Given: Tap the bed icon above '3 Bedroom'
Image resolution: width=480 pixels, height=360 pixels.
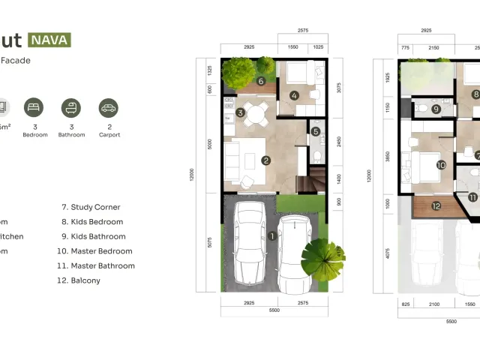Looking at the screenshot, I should pos(34,107).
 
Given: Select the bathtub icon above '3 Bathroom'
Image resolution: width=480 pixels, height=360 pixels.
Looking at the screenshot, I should pos(71,107).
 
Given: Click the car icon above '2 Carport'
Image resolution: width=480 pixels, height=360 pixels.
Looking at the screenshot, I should pos(109,107).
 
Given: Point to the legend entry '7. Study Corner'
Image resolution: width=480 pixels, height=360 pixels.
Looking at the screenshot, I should pos(91,207).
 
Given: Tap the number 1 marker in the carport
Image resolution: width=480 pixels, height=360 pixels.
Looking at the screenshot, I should pos(272,235).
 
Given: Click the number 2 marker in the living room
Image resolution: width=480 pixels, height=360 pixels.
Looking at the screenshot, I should pos(265,160).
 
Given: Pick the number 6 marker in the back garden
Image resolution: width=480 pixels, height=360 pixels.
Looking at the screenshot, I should pos(261,81).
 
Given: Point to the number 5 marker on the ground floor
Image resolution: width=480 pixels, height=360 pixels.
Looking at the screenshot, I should pos(316,131).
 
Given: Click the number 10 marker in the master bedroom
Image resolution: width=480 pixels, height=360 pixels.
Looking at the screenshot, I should pos(441,165).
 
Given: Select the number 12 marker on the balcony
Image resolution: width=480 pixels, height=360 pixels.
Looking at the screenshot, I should pos(436,205).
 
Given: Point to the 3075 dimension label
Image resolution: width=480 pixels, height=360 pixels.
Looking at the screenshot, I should pos(338,88).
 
